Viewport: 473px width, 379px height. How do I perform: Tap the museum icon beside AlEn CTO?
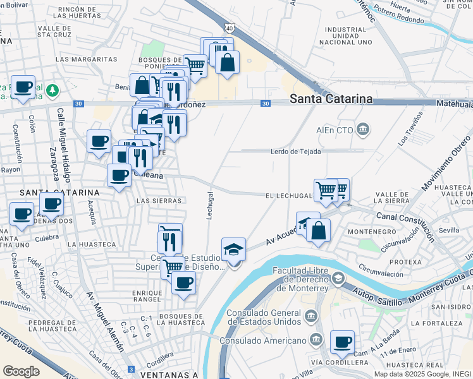coord(363,131)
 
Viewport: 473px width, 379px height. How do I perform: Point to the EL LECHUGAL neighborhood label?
coord(287,196)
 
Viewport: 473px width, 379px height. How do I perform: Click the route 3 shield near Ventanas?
coord(130,369)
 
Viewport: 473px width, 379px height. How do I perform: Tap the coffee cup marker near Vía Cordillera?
coord(342,342)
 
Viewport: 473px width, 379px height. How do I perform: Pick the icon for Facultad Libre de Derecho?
coord(338,278)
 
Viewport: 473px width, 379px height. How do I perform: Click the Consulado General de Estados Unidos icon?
coord(310,315)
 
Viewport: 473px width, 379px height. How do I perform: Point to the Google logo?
coord(21,371)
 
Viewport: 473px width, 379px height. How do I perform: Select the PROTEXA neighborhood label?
coord(405,262)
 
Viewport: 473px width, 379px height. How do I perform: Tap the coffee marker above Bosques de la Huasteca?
coord(183,282)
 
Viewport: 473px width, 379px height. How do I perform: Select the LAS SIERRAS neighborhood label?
coord(159,200)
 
